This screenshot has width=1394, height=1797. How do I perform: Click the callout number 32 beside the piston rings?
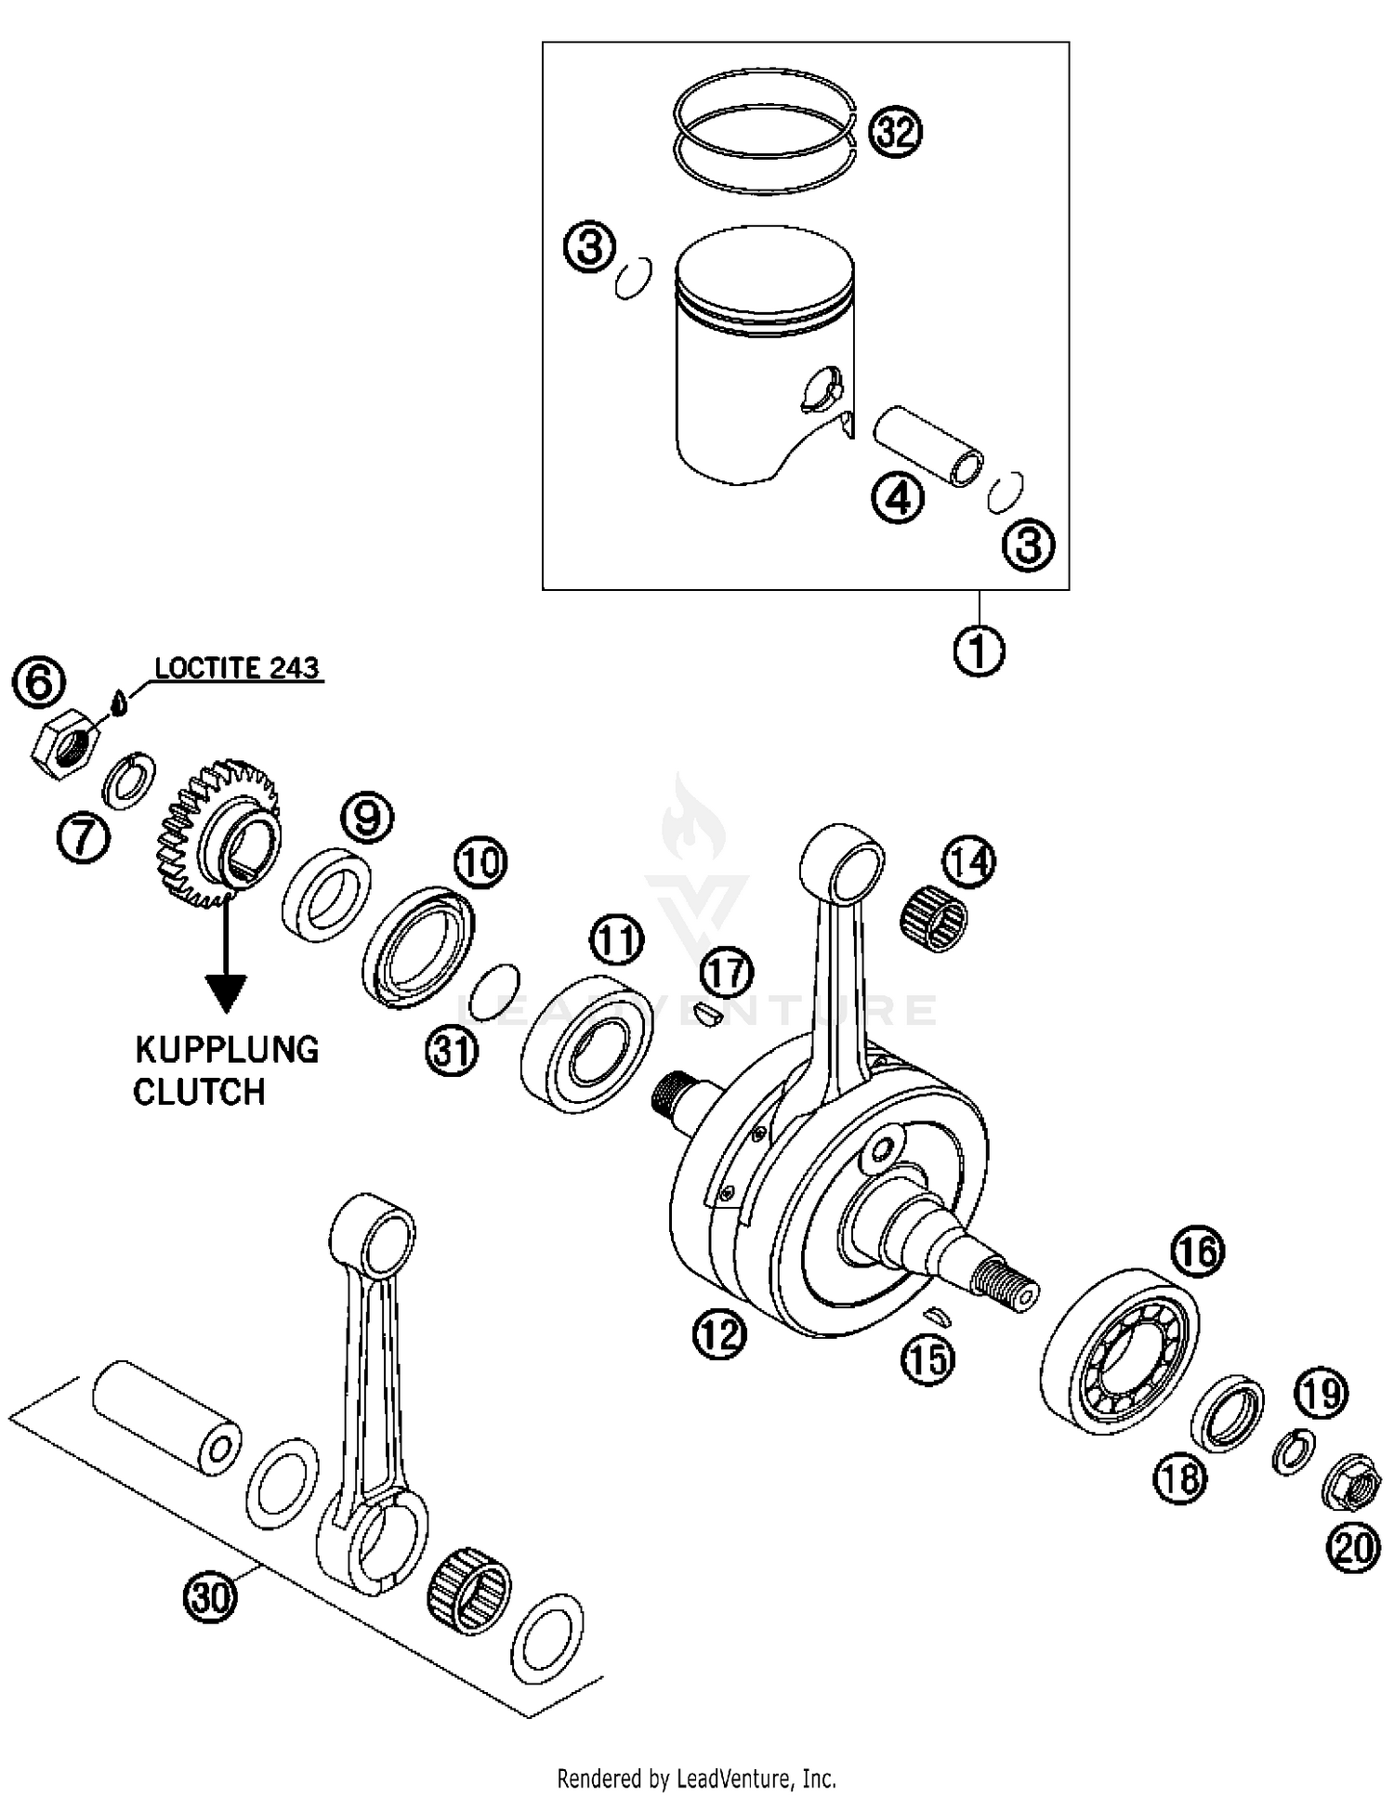895,132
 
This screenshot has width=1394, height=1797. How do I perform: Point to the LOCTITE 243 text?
236,668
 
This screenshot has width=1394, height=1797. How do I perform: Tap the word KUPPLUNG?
227,1049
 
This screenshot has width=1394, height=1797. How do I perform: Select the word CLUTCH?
199,1092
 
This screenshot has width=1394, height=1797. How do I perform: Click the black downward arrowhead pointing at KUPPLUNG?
226,993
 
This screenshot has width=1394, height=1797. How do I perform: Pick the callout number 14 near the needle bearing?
969,861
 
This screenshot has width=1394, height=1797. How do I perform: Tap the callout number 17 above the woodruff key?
726,972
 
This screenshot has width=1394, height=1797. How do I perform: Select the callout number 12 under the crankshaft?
719,1334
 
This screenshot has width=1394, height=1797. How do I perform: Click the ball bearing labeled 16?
1119,1348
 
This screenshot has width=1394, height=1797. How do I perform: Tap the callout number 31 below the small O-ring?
452,1051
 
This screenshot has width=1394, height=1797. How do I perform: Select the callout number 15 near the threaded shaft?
928,1359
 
